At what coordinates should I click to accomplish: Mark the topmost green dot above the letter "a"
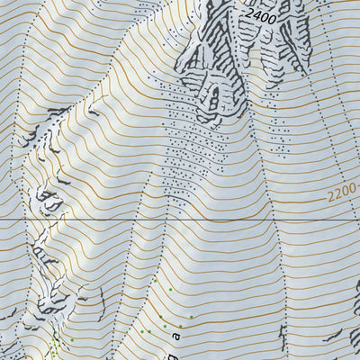coord(154,280)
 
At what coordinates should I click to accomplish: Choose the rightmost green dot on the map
coord(191,316)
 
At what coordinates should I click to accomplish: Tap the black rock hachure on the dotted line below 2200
coord(282,338)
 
